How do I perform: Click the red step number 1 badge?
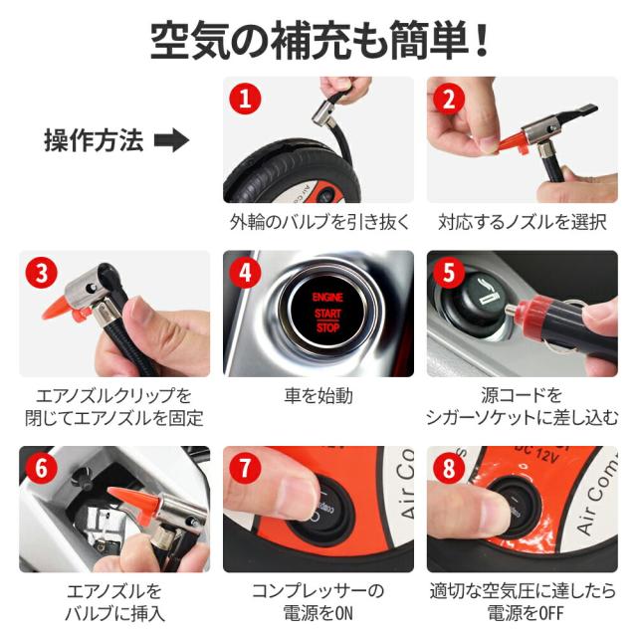pos(245,99)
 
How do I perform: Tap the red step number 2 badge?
pos(449,99)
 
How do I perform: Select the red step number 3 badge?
pos(42,273)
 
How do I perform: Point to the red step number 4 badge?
pos(245,273)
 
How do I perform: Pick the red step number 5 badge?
pos(449,273)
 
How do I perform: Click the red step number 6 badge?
pos(42,468)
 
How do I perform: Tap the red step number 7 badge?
pos(245,468)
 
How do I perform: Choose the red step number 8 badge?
pos(449,468)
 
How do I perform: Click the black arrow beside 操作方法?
pos(171,140)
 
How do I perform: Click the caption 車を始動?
pos(318,396)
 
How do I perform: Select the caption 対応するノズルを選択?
pos(523,222)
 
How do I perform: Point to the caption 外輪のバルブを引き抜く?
pos(319,222)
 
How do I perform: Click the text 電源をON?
pos(318,613)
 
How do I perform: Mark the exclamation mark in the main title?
pos(482,40)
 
